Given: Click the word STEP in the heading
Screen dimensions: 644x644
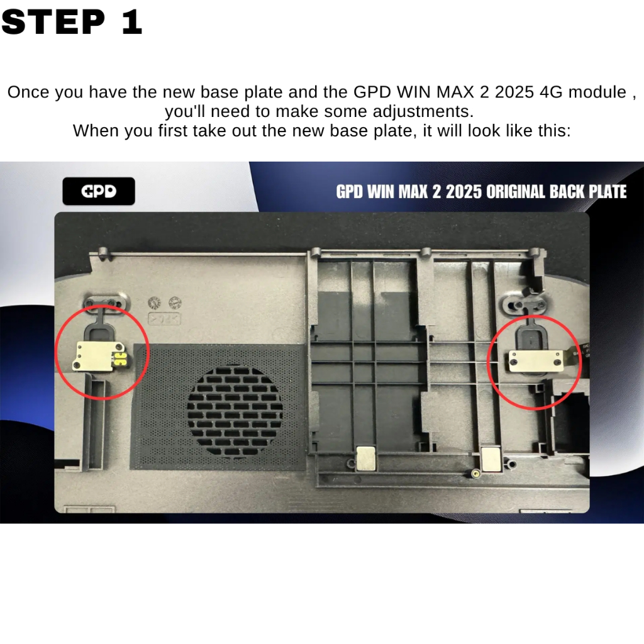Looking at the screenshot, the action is point(54,22).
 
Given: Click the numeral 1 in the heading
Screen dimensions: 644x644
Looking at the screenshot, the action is point(132,22).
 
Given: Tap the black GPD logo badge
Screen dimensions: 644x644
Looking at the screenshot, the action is point(99,191).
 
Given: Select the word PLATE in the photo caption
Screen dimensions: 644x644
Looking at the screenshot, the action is point(608,192).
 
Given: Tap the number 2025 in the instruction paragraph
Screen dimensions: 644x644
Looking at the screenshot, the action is point(514,92).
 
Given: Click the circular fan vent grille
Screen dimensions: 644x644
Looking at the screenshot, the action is point(235,411).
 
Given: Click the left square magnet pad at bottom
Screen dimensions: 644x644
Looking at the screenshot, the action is point(366,458).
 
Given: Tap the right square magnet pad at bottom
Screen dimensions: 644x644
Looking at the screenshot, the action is point(491,458).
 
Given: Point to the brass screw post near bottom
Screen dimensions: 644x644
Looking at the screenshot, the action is point(475,474).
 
